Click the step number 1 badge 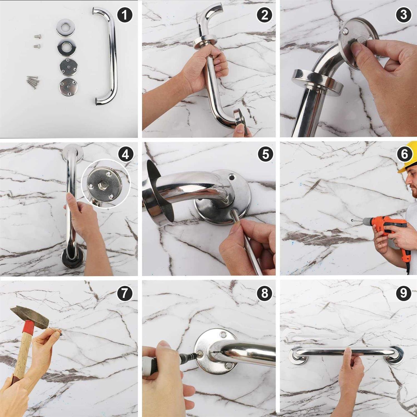(x=125, y=15)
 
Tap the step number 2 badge (x=264, y=15)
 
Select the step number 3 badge (x=404, y=15)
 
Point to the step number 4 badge (x=126, y=154)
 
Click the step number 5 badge (x=265, y=154)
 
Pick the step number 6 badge (x=404, y=154)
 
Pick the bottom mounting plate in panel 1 (x=68, y=87)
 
